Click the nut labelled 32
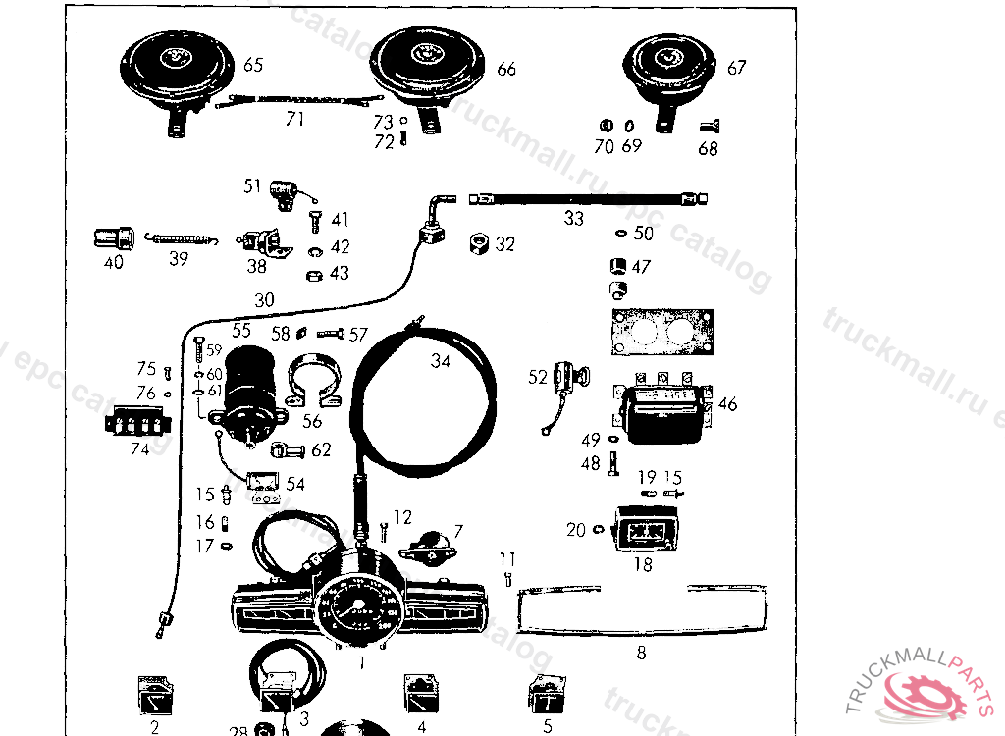[481, 242]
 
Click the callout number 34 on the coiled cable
[441, 361]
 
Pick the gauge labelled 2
[155, 696]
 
